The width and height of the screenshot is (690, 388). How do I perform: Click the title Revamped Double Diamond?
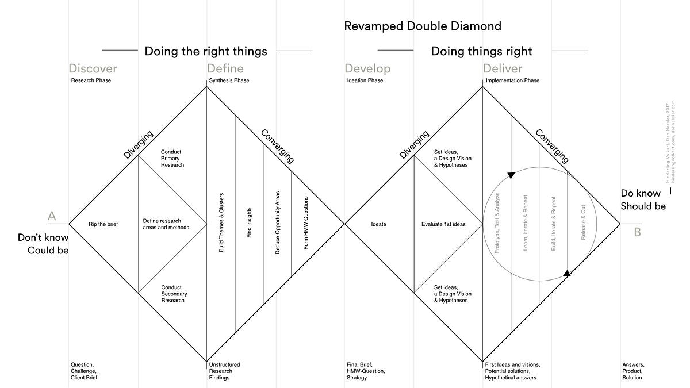pos(423,26)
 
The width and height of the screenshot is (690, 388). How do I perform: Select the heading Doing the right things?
pos(206,51)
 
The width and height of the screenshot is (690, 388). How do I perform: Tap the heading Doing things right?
pos(481,51)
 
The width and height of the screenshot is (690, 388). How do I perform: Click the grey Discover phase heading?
pos(93,69)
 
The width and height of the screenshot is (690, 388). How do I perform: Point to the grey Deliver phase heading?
pos(503,69)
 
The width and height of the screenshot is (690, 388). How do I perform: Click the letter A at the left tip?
pos(52,216)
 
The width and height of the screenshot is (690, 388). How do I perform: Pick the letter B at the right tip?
pos(637,232)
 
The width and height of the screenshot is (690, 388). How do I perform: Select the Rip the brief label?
pos(103,224)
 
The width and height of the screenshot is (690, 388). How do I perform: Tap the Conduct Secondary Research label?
pos(174,294)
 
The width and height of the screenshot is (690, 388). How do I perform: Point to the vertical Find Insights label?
pos(249,224)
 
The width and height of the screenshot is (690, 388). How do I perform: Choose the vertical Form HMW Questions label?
pos(305,224)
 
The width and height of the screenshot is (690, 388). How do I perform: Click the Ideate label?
pos(379,224)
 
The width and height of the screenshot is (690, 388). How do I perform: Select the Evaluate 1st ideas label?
pos(443,224)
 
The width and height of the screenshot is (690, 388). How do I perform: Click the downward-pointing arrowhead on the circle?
pos(511,174)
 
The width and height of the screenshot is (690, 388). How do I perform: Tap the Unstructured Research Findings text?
pos(224,371)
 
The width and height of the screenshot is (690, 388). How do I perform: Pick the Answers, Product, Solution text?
pos(633,371)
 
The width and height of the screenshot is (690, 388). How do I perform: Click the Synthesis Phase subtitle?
pos(229,80)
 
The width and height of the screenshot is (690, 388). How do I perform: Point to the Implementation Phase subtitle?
pos(512,80)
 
